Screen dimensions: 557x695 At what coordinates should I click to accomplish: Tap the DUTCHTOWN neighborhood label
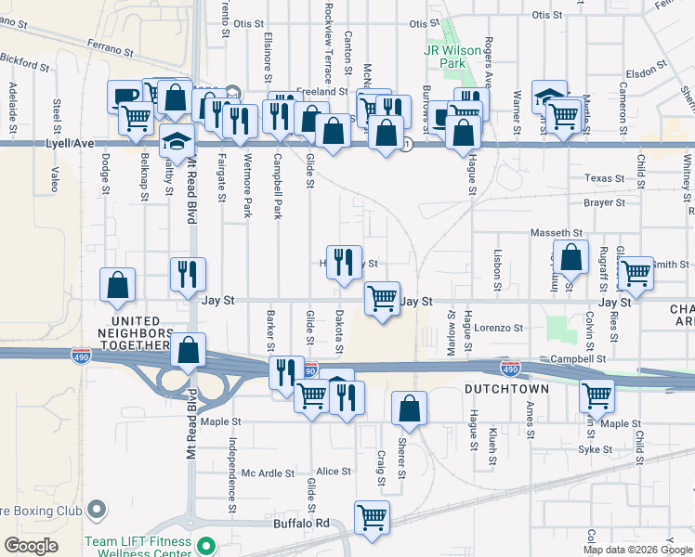pyautogui.click(x=506, y=390)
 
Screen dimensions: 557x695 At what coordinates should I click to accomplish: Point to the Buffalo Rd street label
pyautogui.click(x=302, y=524)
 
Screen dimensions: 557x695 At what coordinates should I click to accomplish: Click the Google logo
pyautogui.click(x=31, y=546)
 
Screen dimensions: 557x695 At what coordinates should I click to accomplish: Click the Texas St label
pyautogui.click(x=605, y=178)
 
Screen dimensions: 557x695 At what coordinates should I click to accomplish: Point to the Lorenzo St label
pyautogui.click(x=499, y=328)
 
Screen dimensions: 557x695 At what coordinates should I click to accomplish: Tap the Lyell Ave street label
pyautogui.click(x=71, y=144)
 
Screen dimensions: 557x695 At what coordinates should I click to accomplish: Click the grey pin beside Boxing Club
pyautogui.click(x=96, y=509)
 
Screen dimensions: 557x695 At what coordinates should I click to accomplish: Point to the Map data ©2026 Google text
pyautogui.click(x=637, y=550)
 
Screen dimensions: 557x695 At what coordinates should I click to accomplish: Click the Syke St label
pyautogui.click(x=596, y=449)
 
